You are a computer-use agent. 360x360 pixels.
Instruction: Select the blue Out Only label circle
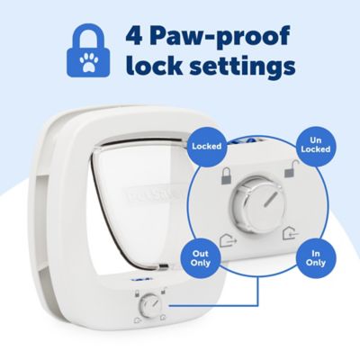click(199, 258)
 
